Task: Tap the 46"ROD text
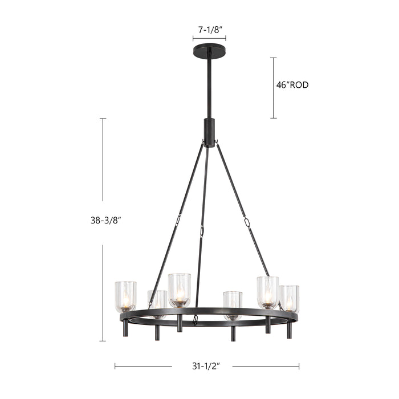tap(292, 85)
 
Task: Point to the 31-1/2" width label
tap(202, 367)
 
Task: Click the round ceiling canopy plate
tap(209, 50)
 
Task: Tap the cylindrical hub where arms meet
tap(209, 132)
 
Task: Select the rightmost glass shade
tap(290, 298)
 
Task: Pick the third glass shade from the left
tap(179, 290)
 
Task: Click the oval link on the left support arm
tap(178, 219)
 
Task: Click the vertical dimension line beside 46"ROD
tap(273, 87)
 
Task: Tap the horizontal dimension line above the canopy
tap(209, 39)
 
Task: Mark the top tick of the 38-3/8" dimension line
tap(103, 119)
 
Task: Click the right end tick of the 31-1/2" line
tap(299, 367)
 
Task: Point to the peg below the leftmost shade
tap(125, 328)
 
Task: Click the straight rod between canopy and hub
tap(209, 85)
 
